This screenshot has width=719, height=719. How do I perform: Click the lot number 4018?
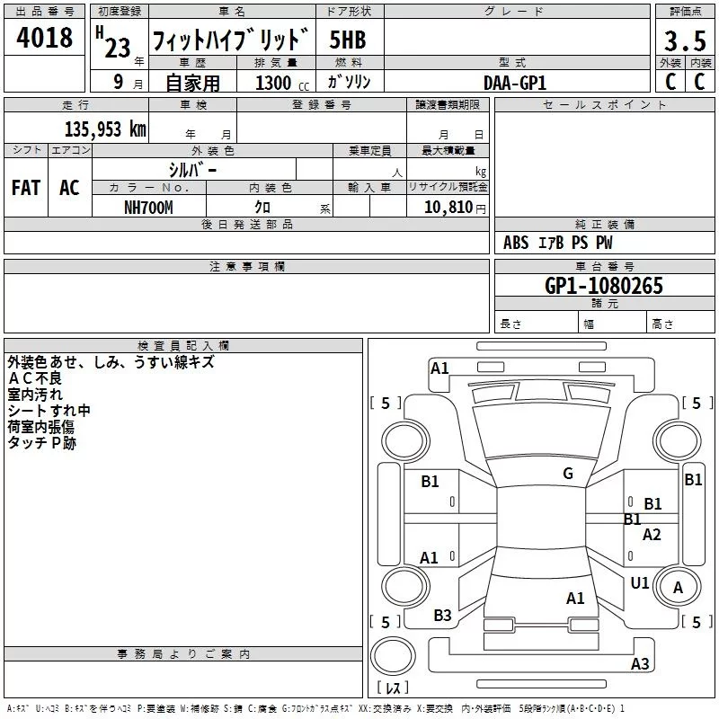tap(44, 38)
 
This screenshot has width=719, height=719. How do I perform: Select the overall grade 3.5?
tap(685, 41)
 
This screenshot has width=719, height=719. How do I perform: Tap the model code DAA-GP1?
tap(515, 83)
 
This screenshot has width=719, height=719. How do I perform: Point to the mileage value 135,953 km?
tap(105, 129)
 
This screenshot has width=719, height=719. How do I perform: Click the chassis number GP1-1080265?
tap(604, 286)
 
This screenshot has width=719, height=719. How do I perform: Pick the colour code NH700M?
tap(148, 208)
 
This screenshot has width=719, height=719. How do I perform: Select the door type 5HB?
tap(348, 40)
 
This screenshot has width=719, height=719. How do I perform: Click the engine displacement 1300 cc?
tap(282, 83)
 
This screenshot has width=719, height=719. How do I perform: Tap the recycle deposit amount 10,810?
tap(448, 208)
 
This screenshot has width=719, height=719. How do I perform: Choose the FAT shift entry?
tap(26, 188)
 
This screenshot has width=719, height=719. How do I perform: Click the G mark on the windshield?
tap(568, 474)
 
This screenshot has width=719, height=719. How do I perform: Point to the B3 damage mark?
tap(442, 616)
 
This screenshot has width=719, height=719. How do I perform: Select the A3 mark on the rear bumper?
tap(640, 663)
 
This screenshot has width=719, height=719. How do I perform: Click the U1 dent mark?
tap(640, 583)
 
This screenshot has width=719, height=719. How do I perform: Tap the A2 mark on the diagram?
tap(652, 534)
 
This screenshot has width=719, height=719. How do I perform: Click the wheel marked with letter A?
tap(678, 588)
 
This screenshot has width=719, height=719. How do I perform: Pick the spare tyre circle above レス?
tap(393, 656)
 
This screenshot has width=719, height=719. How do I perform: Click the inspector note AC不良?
tap(35, 378)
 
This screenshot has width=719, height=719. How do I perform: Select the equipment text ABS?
tap(516, 243)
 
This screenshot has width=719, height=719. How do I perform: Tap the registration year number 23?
tap(118, 48)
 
